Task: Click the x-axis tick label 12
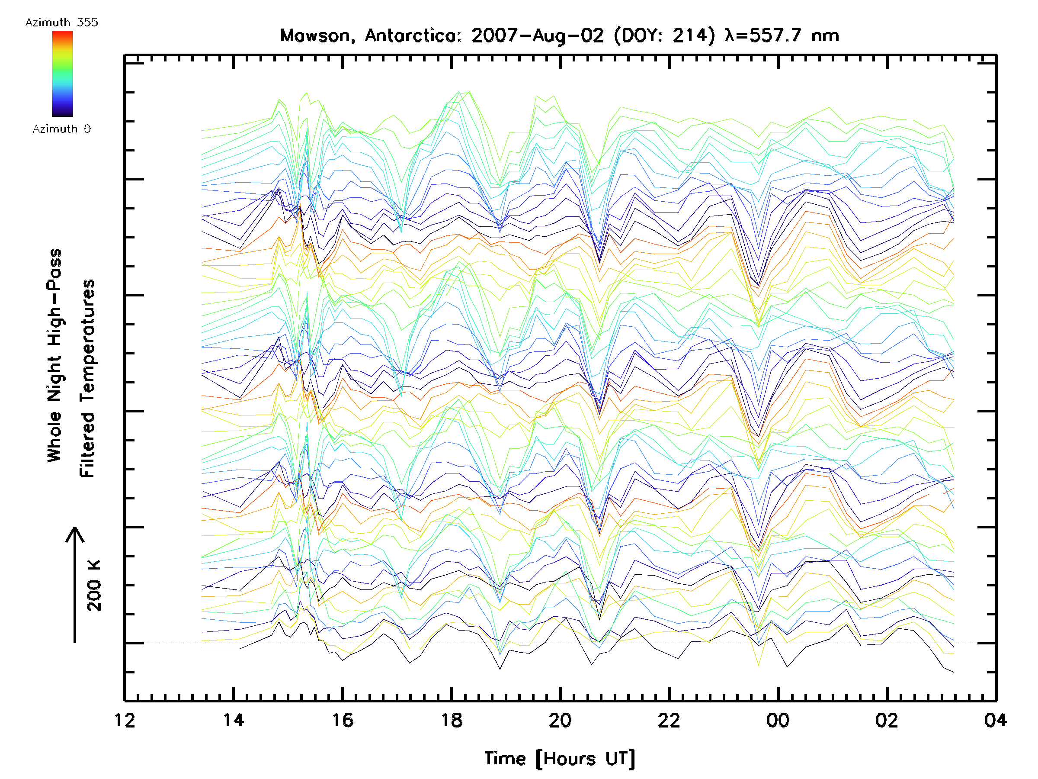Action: tap(125, 720)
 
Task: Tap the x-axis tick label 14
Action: tap(234, 720)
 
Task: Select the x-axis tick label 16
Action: tap(343, 720)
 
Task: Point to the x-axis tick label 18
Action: tap(452, 720)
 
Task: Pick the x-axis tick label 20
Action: tap(560, 720)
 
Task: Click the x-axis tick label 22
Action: tap(669, 720)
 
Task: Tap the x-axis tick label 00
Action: tap(778, 720)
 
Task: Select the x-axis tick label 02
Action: tap(887, 720)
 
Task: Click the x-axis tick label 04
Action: tap(995, 720)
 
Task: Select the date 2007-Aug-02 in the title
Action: tap(538, 35)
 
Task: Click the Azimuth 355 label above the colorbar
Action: tap(61, 23)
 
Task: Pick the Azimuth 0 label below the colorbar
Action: tap(61, 129)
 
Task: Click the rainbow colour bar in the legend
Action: tap(62, 74)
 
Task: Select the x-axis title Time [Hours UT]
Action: tap(560, 759)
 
